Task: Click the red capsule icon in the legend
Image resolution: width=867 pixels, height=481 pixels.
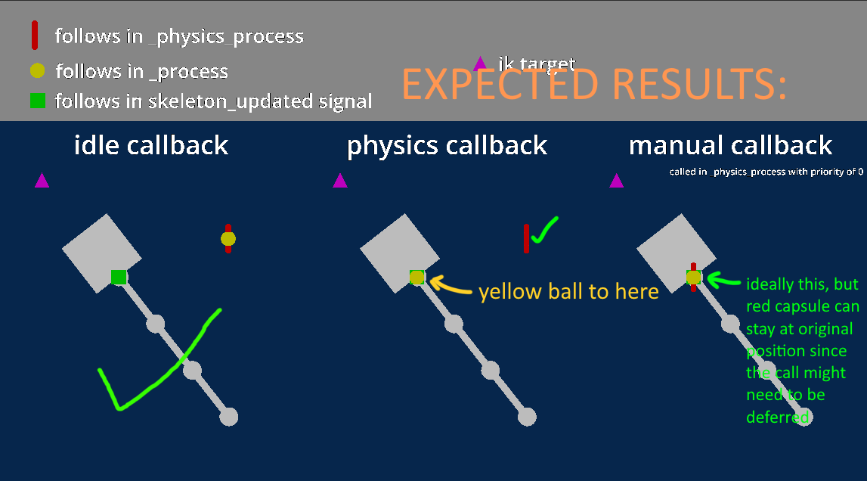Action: point(34,35)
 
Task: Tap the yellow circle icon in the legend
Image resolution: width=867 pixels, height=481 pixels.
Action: point(37,71)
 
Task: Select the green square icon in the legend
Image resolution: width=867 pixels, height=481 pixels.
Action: point(37,101)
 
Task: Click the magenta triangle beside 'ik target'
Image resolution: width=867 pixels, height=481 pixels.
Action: point(479,64)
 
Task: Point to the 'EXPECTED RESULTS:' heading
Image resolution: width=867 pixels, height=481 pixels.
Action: point(593,84)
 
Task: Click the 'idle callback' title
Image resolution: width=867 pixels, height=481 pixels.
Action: point(151,145)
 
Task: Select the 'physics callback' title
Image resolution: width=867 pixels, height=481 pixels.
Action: point(447,146)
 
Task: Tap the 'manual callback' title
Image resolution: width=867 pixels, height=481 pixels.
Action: point(730,145)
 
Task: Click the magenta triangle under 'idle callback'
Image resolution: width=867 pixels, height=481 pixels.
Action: point(42,180)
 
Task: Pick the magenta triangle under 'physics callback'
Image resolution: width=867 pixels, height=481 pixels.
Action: point(340,180)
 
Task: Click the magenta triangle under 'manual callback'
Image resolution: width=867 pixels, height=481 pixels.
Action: point(617,181)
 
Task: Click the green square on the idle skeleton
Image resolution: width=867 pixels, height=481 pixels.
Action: point(119,277)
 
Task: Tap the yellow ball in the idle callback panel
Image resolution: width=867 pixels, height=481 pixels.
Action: point(228,239)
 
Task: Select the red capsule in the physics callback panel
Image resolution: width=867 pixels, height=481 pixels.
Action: point(526,238)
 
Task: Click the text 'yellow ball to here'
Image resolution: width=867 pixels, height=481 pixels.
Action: point(568,291)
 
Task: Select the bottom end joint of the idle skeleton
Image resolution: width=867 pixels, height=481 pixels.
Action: point(228,416)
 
